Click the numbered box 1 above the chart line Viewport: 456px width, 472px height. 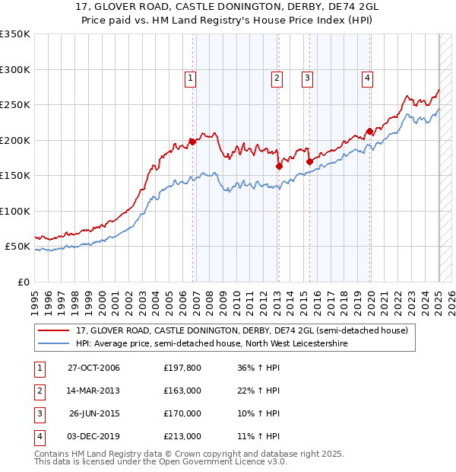pos(190,77)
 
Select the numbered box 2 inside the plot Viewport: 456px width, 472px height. pos(277,77)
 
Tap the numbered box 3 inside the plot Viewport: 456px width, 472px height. pos(307,77)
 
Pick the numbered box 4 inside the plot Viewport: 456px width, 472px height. pos(367,77)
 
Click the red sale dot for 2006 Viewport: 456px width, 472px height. pos(192,141)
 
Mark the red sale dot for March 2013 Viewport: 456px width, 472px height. pos(279,166)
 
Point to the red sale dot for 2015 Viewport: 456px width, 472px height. pos(309,161)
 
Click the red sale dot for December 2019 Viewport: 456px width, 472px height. pos(369,131)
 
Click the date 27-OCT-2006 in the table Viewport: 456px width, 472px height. pos(93,368)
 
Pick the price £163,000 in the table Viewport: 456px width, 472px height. pos(182,391)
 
